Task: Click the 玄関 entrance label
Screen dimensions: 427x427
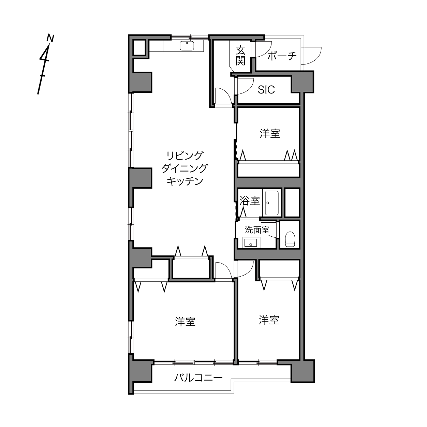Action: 240,55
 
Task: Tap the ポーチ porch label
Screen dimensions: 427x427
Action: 282,56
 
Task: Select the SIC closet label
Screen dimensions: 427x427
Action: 266,90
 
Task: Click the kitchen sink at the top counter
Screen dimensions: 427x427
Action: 187,46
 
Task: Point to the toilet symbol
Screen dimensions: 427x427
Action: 290,239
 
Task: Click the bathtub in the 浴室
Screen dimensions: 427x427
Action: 272,203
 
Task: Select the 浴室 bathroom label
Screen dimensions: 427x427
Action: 250,201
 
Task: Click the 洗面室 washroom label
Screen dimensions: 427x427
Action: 257,230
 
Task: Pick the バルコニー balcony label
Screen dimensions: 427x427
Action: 198,377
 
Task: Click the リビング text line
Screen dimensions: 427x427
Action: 185,156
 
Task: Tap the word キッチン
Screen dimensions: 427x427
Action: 185,181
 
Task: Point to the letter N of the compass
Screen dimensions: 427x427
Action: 50,38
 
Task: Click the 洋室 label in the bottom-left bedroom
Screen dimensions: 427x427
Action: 185,322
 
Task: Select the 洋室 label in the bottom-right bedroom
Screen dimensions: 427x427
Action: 269,320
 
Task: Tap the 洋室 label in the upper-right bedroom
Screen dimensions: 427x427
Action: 270,133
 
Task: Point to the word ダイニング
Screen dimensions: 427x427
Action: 185,168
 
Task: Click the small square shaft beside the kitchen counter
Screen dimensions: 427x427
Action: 139,47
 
